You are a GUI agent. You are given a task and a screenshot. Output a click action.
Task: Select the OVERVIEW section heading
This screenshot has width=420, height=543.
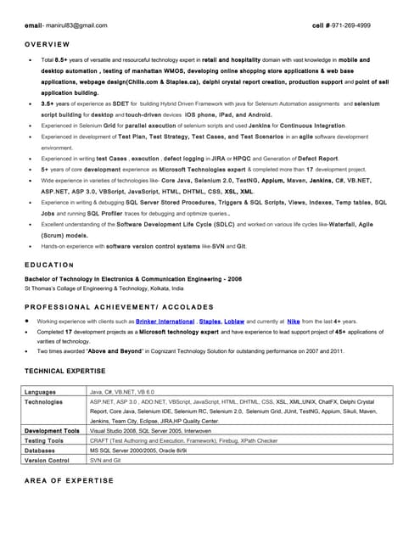tap(48, 43)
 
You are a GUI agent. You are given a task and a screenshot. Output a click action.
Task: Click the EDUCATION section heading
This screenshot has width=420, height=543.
tap(49, 265)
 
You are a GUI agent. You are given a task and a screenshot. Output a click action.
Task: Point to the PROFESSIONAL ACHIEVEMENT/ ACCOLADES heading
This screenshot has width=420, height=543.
tap(119, 306)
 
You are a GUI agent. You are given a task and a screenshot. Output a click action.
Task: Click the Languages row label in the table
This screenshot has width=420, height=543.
tap(41, 392)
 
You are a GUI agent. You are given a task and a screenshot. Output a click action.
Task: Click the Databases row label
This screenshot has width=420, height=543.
tap(40, 451)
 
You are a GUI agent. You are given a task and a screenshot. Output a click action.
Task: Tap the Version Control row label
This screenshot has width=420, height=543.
tap(47, 461)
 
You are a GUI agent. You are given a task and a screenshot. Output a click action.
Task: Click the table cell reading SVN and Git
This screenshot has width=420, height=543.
tap(105, 461)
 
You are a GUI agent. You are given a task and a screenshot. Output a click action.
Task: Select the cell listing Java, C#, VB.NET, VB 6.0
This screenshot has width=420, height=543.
tap(129, 392)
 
